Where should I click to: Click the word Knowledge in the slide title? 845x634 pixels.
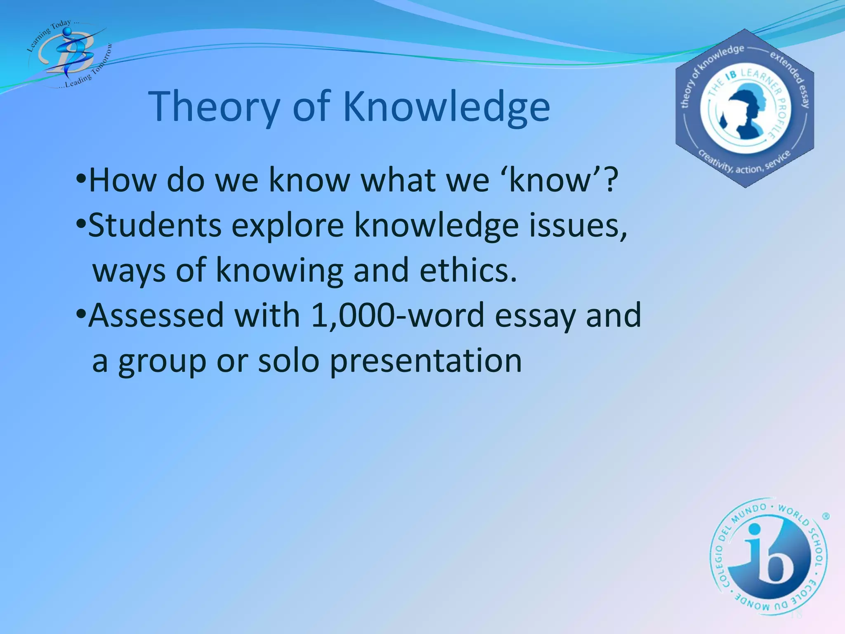pyautogui.click(x=446, y=106)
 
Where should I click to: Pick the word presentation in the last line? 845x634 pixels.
pyautogui.click(x=426, y=360)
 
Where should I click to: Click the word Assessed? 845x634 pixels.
pyautogui.click(x=156, y=315)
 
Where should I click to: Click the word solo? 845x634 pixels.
pyautogui.click(x=288, y=360)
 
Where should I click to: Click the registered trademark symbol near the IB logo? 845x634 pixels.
pyautogui.click(x=826, y=516)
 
